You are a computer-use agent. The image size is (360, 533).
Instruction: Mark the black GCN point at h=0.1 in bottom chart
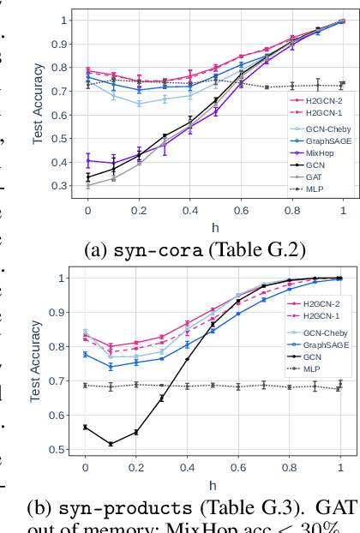111,444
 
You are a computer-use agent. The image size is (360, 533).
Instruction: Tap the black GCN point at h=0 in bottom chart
85,427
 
